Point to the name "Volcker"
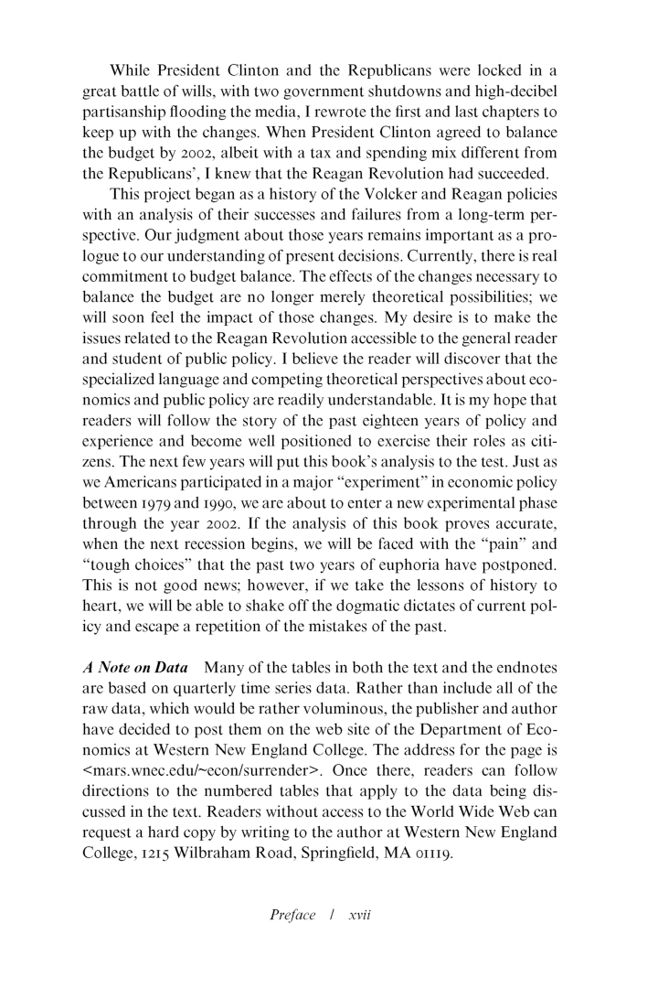(389, 220)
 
